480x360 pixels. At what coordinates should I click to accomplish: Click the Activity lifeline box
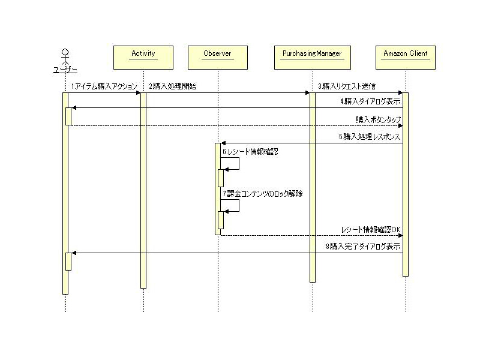click(143, 57)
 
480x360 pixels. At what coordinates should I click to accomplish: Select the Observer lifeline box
click(217, 57)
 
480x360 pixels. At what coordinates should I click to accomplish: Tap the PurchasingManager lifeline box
click(311, 57)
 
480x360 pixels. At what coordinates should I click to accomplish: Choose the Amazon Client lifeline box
click(406, 57)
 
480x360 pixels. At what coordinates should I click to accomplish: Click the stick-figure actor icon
click(65, 55)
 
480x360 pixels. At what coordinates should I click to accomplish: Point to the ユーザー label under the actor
click(65, 71)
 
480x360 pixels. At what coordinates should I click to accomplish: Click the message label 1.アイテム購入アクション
click(104, 86)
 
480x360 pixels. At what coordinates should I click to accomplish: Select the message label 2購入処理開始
click(172, 86)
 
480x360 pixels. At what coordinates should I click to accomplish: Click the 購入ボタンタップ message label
click(377, 119)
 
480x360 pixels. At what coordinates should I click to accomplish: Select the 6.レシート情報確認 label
click(250, 152)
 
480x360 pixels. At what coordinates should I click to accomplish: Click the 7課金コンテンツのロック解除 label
click(262, 194)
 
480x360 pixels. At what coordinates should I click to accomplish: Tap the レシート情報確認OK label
click(370, 229)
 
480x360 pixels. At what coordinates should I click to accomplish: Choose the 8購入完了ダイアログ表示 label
click(363, 247)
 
